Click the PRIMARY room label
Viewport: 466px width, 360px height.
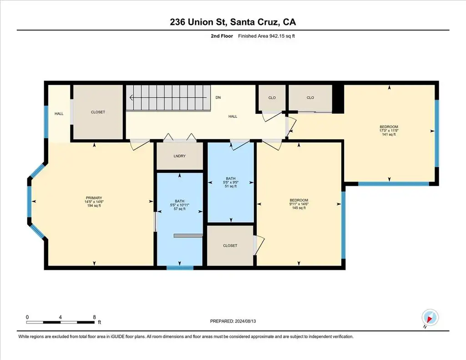[94, 198]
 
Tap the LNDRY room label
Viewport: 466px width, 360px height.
[179, 156]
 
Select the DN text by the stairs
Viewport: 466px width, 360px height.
[218, 97]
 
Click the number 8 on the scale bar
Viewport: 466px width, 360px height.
[95, 317]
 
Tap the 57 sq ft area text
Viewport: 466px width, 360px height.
[179, 209]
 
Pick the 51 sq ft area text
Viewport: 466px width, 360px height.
[231, 187]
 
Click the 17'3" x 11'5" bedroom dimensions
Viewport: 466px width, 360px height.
[389, 131]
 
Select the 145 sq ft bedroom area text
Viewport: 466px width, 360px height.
[299, 208]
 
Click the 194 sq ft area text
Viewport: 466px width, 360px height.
[94, 206]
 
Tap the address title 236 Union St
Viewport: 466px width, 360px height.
[199, 22]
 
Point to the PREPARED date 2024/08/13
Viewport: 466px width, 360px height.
[245, 321]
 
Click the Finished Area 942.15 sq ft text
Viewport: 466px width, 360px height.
[266, 36]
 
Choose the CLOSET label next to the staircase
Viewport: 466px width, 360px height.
[98, 112]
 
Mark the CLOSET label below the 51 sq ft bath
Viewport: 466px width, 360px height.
[230, 246]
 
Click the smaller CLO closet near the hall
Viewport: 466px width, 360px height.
[272, 97]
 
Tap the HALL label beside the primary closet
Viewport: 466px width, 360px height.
[59, 114]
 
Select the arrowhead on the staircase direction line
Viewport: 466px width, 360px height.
[131, 97]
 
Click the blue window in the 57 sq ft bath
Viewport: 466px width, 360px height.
[180, 268]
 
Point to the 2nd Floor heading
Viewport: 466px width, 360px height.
[222, 36]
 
